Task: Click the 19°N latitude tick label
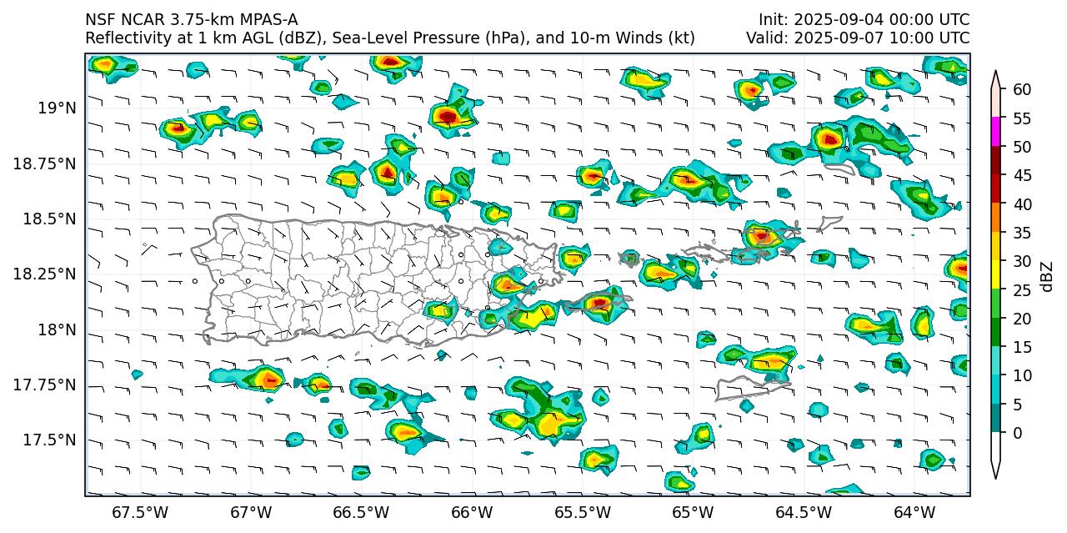56,108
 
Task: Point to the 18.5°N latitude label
51,219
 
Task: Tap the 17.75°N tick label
47,385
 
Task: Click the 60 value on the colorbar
1022,89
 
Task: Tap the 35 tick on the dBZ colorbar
1022,233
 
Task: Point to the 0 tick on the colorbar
1018,433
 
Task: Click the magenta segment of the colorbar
996,132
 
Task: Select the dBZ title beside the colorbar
1048,276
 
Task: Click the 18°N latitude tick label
56,329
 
